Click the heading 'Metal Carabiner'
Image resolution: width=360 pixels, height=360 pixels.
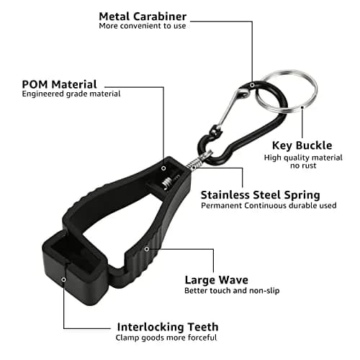pyautogui.click(x=143, y=17)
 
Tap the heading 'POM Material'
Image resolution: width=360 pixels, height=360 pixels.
pyautogui.click(x=59, y=84)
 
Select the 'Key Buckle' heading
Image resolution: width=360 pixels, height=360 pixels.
pyautogui.click(x=302, y=145)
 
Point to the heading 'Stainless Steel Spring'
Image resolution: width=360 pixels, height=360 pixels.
pyautogui.click(x=261, y=195)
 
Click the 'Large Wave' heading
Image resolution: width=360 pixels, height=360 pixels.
pyautogui.click(x=217, y=280)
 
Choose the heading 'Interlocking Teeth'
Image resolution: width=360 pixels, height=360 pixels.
pyautogui.click(x=168, y=327)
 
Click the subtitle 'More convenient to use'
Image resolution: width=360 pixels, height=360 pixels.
pyautogui.click(x=143, y=26)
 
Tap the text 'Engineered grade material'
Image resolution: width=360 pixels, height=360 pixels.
pyautogui.click(x=71, y=94)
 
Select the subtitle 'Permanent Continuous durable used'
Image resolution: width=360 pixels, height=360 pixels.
pyautogui.click(x=269, y=206)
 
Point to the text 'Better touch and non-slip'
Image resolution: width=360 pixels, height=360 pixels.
pyautogui.click(x=232, y=291)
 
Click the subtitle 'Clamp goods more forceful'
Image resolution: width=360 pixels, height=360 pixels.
pyautogui.click(x=166, y=338)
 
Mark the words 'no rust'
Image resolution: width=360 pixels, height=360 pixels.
pyautogui.click(x=303, y=166)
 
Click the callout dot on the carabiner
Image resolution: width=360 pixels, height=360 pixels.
pyautogui.click(x=252, y=85)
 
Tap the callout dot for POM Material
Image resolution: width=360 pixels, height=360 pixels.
pyautogui.click(x=163, y=168)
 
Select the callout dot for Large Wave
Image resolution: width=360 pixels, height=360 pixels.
pyautogui.click(x=147, y=249)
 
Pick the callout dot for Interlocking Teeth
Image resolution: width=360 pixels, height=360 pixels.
pyautogui.click(x=63, y=279)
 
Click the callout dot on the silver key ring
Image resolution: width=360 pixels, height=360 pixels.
pyautogui.click(x=302, y=107)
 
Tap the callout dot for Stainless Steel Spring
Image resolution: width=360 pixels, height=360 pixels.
pyautogui.click(x=194, y=167)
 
